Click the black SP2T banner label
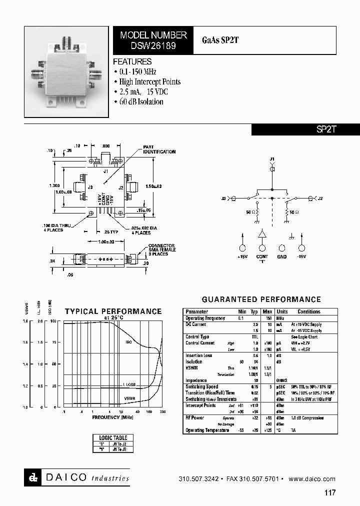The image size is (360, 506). coord(326,129)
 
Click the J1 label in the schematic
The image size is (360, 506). coord(272,159)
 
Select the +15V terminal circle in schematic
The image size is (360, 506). coord(243,248)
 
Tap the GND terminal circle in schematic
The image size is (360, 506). coord(282,248)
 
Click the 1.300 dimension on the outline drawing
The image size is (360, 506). coord(54,185)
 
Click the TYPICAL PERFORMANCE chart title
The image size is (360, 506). coord(113,311)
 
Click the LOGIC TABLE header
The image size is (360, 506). coord(113,438)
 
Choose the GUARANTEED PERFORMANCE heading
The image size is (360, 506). coord(261,299)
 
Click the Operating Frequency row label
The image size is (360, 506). coord(205,318)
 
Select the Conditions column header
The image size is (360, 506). coord(308,311)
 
